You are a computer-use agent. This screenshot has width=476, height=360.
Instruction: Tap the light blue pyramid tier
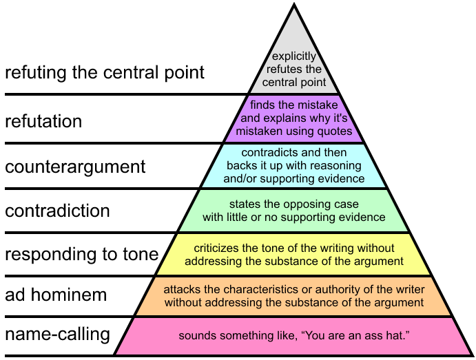tap(294, 165)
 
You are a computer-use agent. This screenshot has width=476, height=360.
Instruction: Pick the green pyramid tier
tap(294, 211)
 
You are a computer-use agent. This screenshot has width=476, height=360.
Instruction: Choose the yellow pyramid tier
tap(294, 254)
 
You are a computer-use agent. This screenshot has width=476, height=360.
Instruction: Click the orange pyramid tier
tap(294, 296)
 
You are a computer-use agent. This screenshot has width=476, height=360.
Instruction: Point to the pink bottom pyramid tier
tap(294, 336)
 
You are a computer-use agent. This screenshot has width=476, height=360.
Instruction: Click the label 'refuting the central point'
tap(105, 72)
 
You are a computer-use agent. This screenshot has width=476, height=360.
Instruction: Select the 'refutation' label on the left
tap(43, 122)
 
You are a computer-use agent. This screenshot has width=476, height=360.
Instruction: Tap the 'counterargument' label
tap(75, 167)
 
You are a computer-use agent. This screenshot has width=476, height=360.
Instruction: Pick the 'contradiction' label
tap(57, 211)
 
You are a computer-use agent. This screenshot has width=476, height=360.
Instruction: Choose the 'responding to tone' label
tap(81, 255)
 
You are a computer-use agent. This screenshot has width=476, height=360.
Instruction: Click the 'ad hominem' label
tap(56, 296)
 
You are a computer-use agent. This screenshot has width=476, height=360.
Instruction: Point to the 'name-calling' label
tap(57, 335)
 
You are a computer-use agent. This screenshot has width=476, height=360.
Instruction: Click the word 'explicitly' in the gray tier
tap(293, 56)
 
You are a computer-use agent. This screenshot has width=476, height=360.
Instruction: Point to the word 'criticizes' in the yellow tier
tap(216, 248)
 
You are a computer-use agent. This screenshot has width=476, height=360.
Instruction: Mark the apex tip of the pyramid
tap(294, 6)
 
